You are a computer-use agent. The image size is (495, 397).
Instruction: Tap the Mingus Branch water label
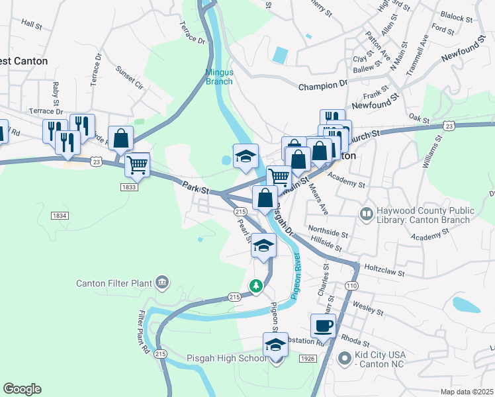[x=219, y=77]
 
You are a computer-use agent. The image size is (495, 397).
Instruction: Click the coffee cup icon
[x=324, y=326]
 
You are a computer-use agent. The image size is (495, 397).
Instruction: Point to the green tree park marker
[x=255, y=286]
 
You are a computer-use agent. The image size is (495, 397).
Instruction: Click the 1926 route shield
[x=307, y=358]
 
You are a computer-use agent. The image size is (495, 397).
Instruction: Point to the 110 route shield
[x=351, y=285]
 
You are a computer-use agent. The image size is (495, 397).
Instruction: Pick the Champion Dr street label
[x=322, y=86]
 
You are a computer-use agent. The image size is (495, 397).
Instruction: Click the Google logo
[x=22, y=389]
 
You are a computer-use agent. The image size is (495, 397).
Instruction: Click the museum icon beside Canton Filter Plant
[x=162, y=284]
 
